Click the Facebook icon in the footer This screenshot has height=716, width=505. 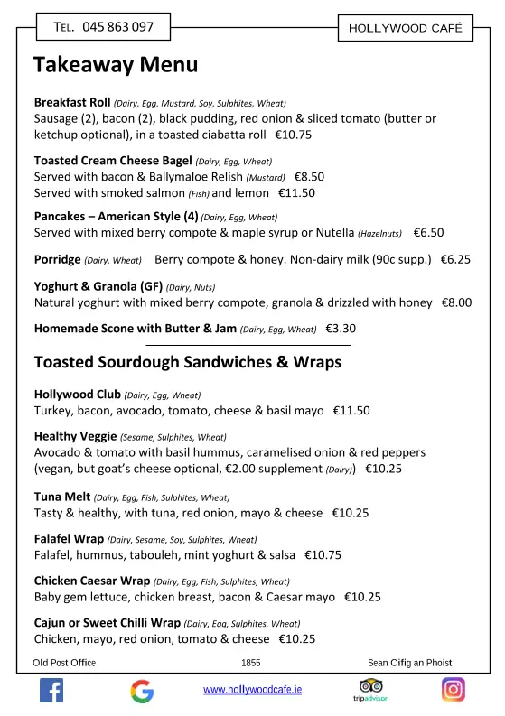click(51, 691)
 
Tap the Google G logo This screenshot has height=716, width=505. click(142, 691)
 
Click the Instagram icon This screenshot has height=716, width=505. click(453, 690)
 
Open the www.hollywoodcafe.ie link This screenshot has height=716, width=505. click(252, 690)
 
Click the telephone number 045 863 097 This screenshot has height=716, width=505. click(117, 27)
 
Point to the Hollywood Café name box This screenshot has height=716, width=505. click(405, 28)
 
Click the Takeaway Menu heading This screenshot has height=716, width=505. click(116, 65)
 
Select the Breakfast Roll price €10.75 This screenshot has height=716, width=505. click(293, 135)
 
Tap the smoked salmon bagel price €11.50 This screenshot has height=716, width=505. click(296, 192)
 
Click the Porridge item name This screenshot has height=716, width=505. click(57, 259)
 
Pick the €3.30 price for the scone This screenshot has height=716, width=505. click(341, 329)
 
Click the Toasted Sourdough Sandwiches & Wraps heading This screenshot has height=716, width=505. click(188, 362)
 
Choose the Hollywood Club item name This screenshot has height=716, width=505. click(76, 395)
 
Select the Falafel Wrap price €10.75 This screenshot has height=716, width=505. click(323, 555)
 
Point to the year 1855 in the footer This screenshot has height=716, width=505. click(251, 663)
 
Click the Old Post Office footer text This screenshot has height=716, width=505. click(64, 663)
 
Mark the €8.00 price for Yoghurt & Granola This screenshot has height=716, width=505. click(456, 303)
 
